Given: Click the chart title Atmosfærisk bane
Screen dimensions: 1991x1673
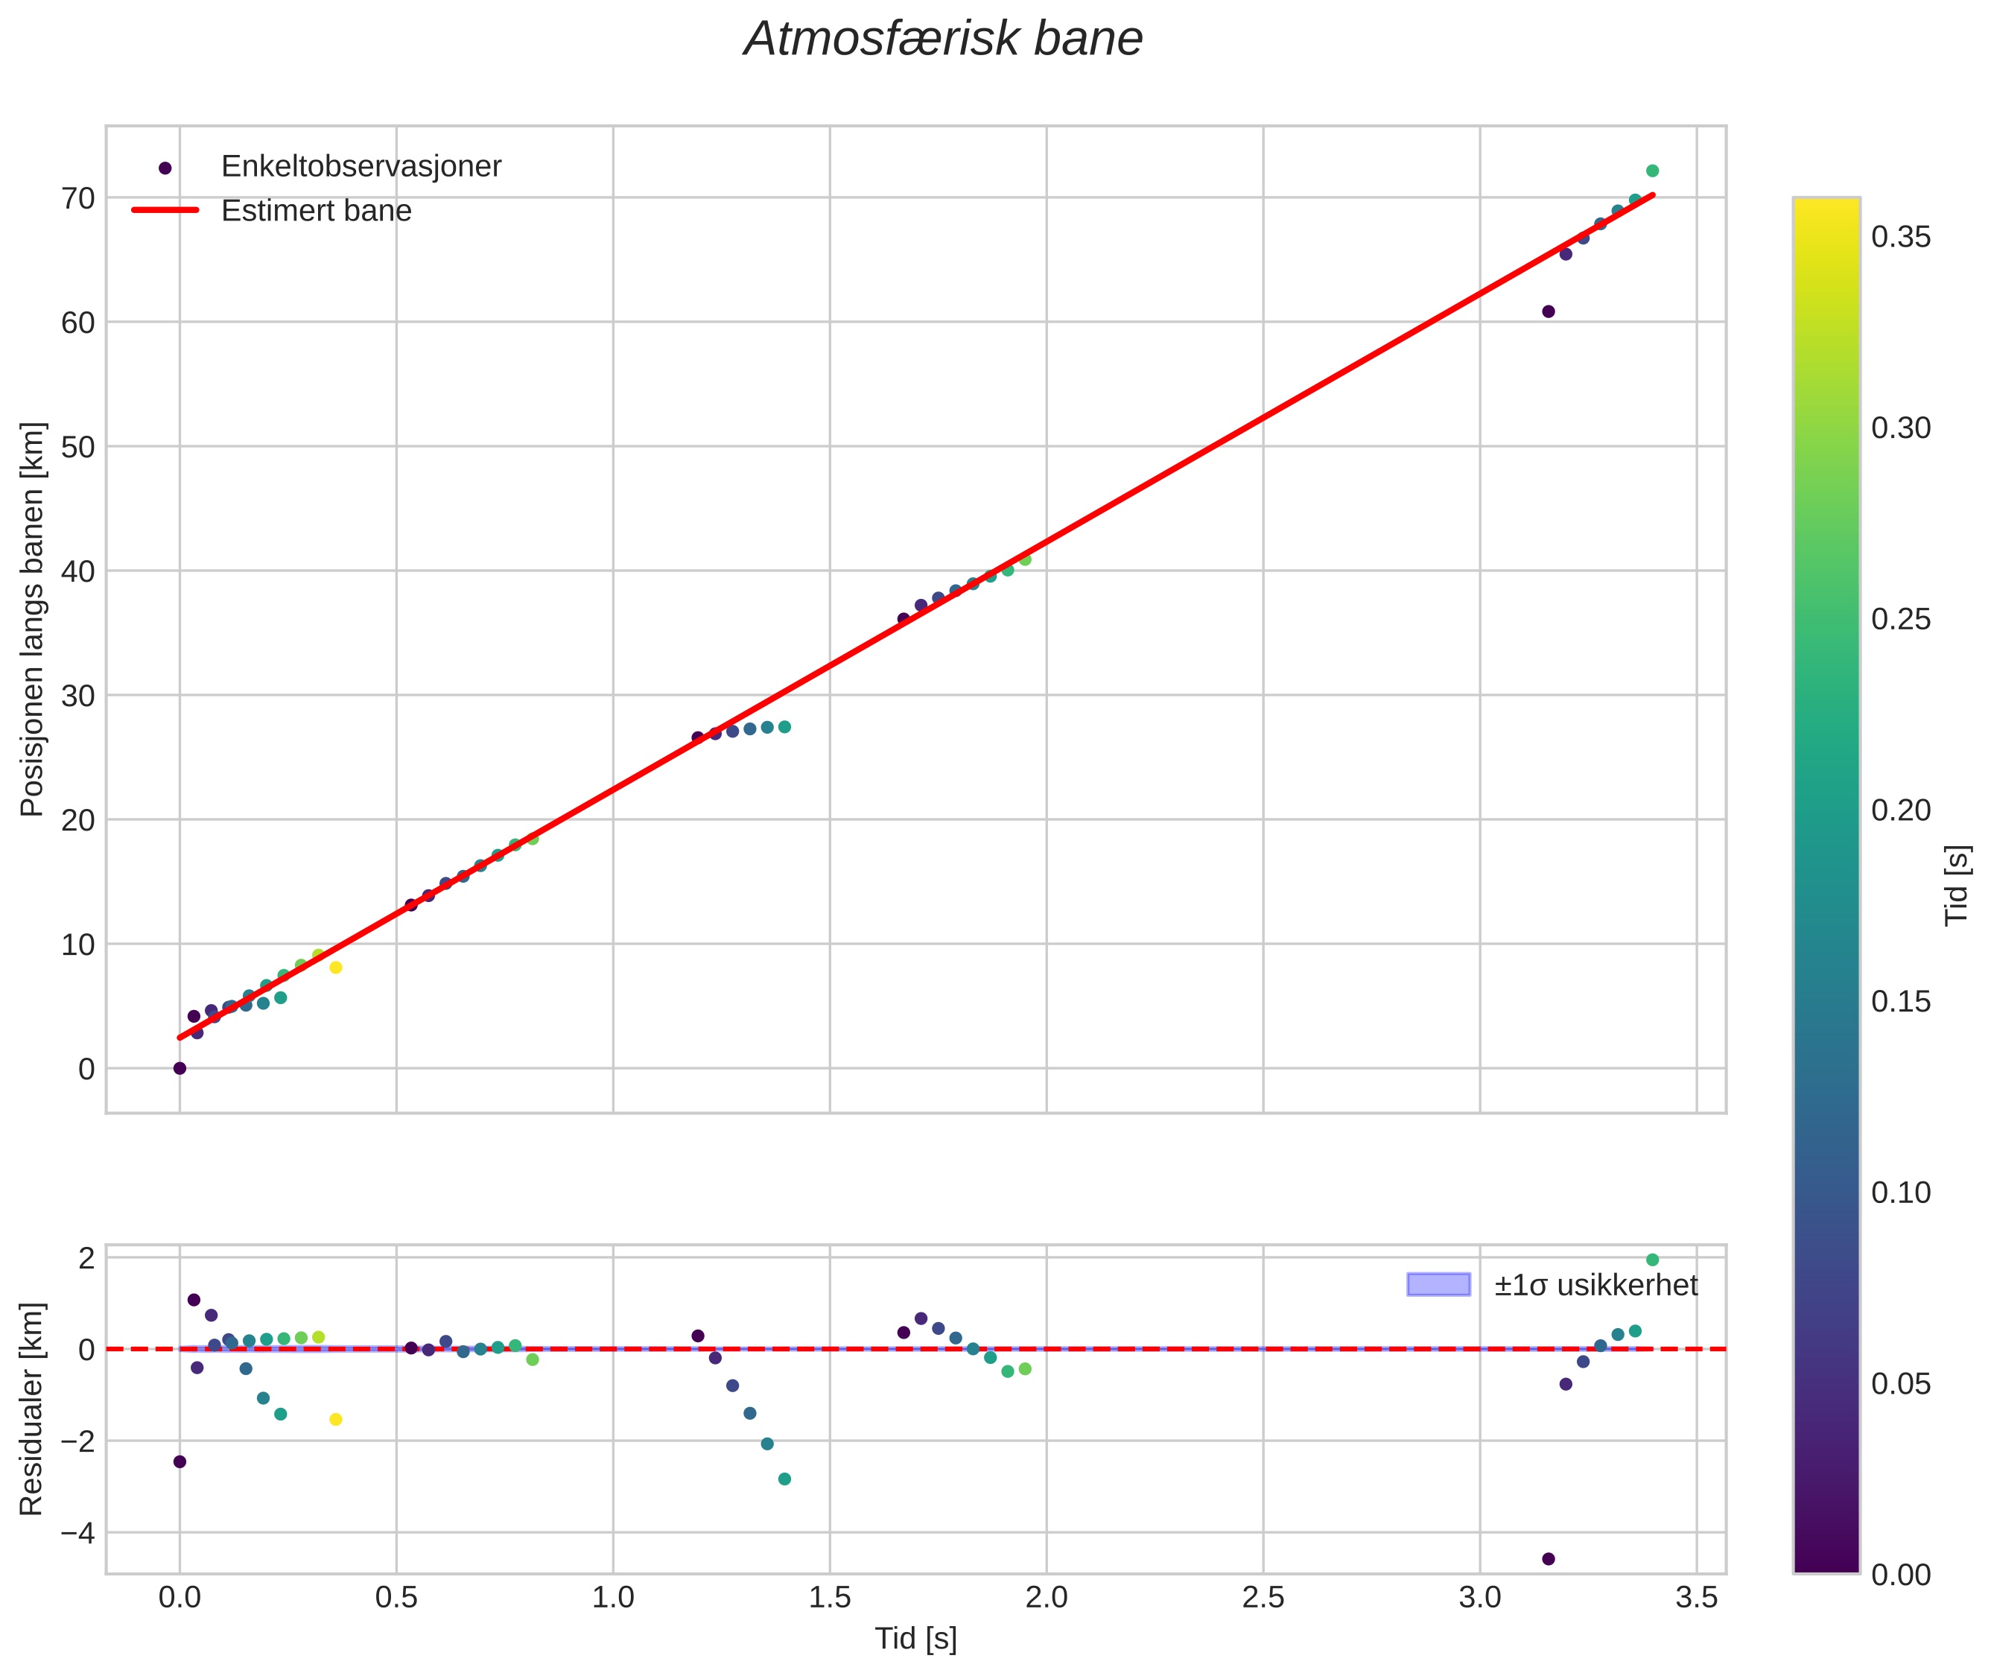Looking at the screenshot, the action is (943, 39).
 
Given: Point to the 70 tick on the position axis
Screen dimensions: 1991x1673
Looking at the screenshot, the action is (79, 198).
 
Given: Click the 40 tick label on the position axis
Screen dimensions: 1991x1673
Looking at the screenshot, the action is (79, 571).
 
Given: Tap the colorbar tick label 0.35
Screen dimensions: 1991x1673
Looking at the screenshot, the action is (1901, 237).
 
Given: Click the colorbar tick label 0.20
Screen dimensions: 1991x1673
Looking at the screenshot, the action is (1901, 810).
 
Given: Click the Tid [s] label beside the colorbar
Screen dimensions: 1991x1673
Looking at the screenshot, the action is (1957, 885).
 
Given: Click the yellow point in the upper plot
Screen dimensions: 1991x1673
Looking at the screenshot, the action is (336, 968).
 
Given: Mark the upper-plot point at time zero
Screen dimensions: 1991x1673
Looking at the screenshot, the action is (180, 1068).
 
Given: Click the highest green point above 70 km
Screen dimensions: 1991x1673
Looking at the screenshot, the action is (1652, 171).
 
